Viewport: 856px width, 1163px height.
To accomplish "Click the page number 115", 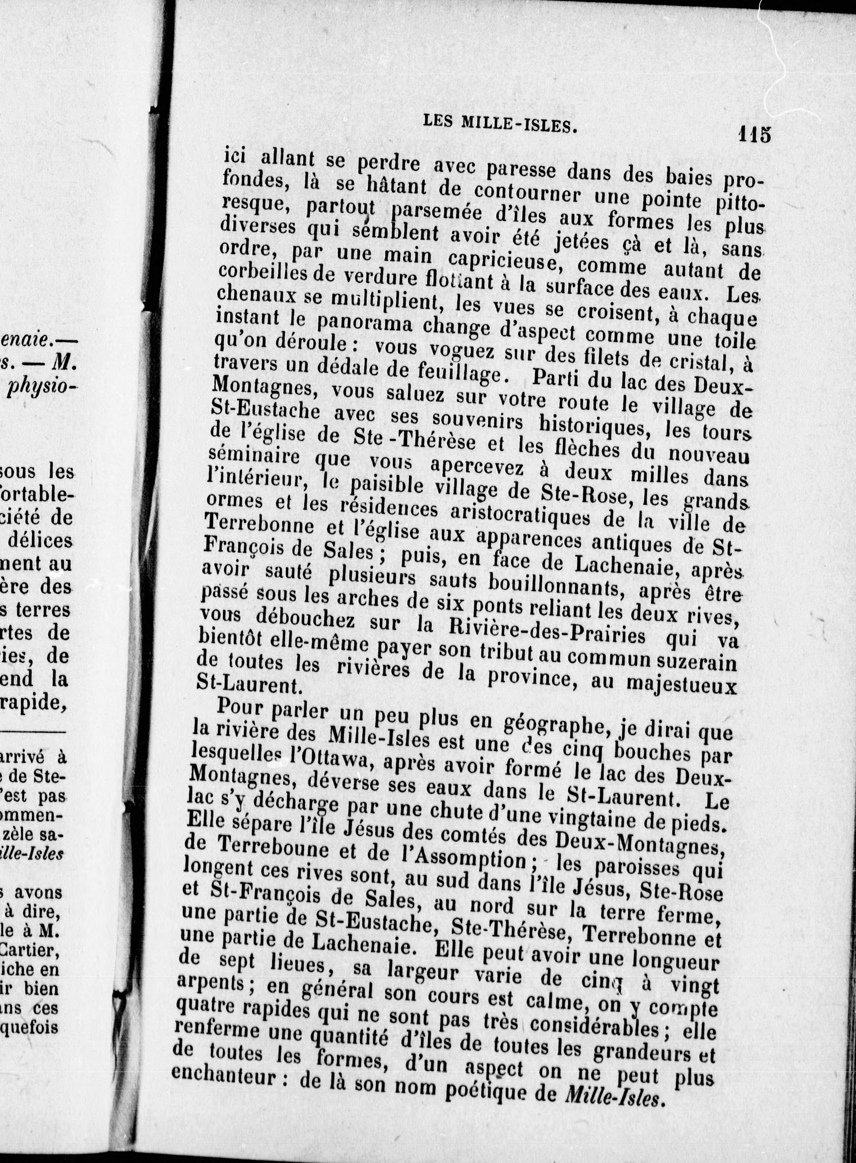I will pos(755,135).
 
